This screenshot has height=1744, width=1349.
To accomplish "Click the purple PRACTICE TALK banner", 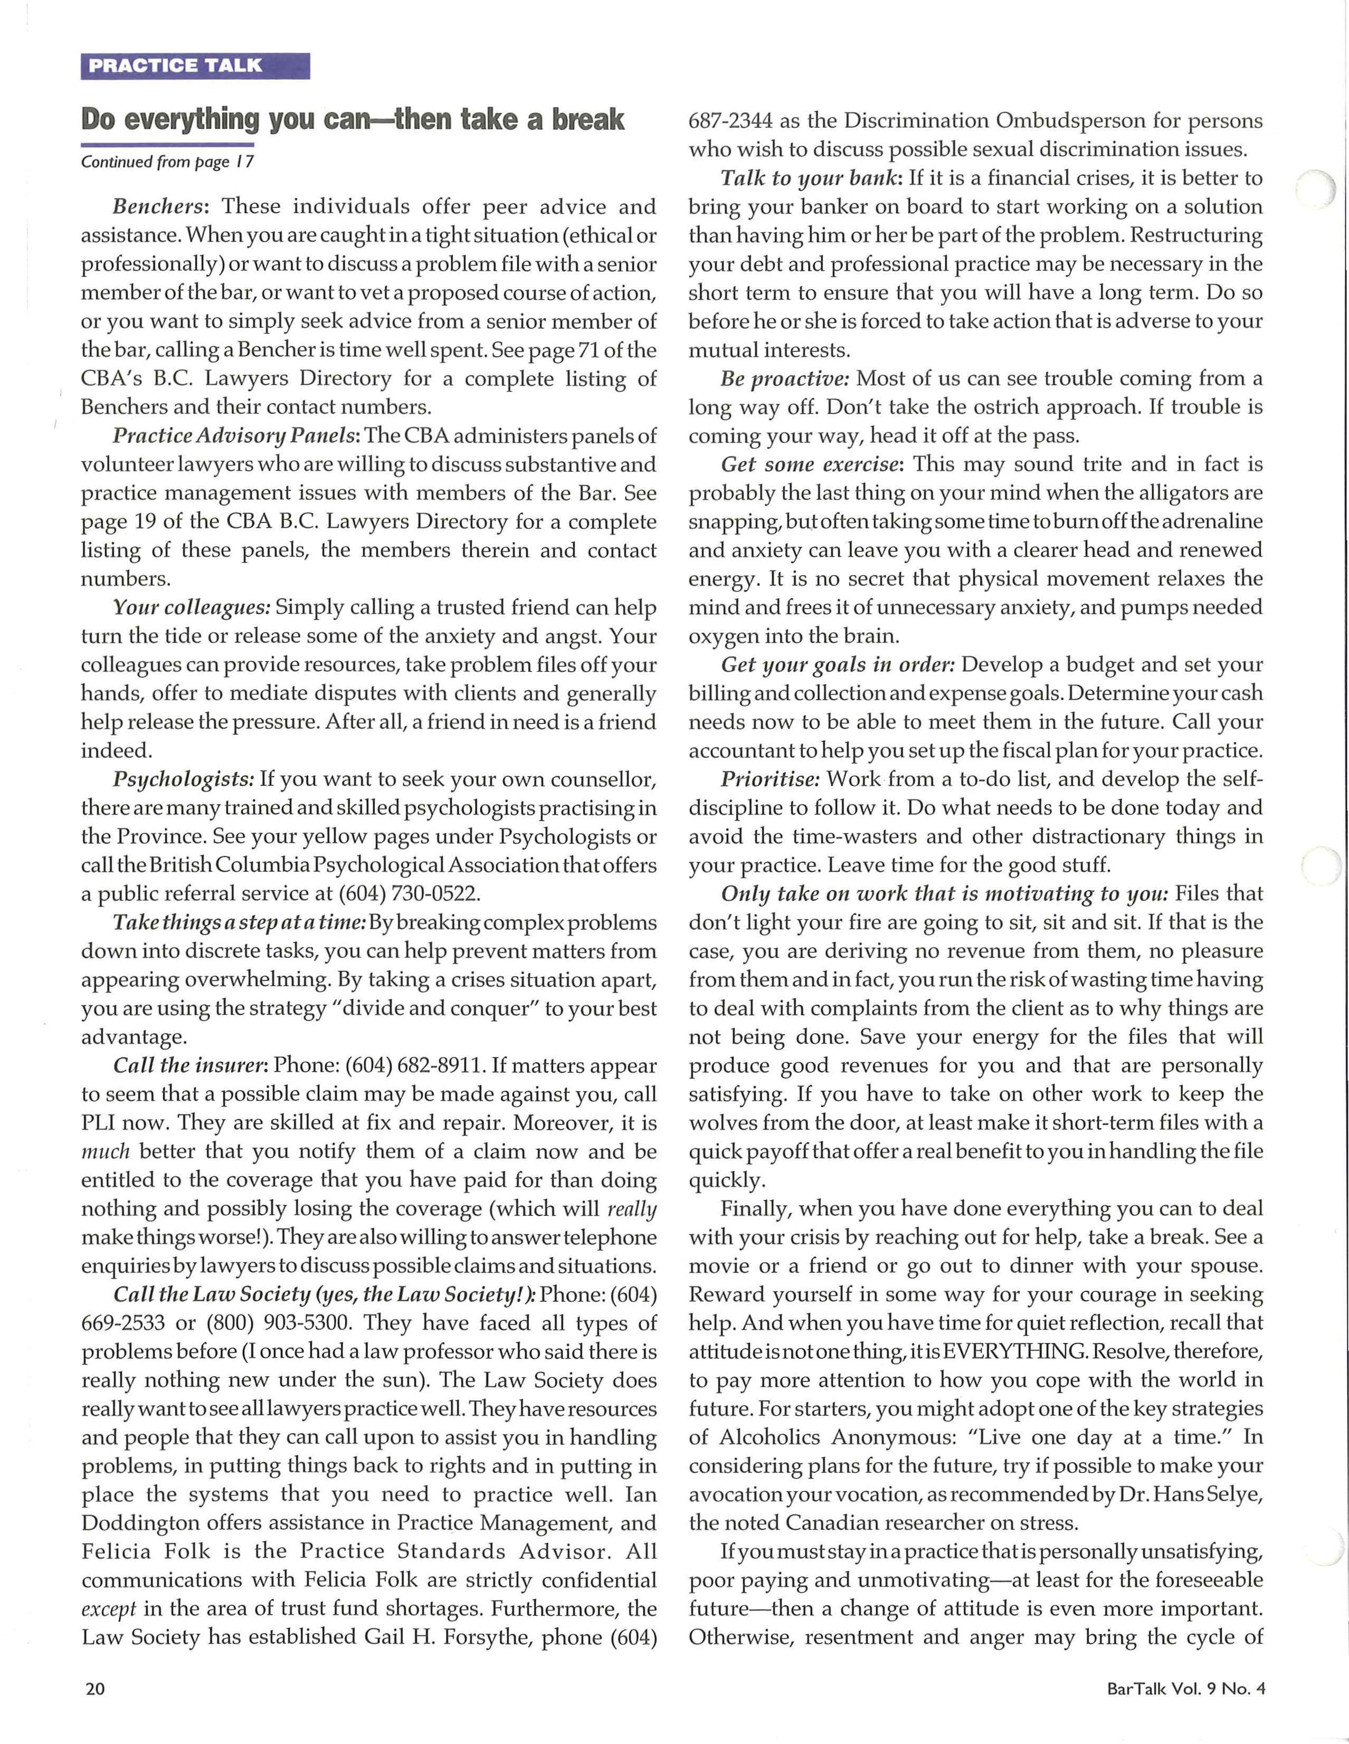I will tap(195, 65).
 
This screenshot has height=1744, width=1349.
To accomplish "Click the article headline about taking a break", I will tap(352, 120).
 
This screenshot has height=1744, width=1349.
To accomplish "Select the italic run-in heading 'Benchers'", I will tap(160, 207).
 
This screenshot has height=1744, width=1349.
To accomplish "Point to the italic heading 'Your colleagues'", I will tap(192, 608).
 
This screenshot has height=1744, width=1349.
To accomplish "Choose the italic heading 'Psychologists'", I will tap(183, 779).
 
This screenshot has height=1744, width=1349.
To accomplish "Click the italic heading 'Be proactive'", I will tap(784, 378).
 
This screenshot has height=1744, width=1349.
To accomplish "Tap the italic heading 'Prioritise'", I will tap(770, 779).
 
